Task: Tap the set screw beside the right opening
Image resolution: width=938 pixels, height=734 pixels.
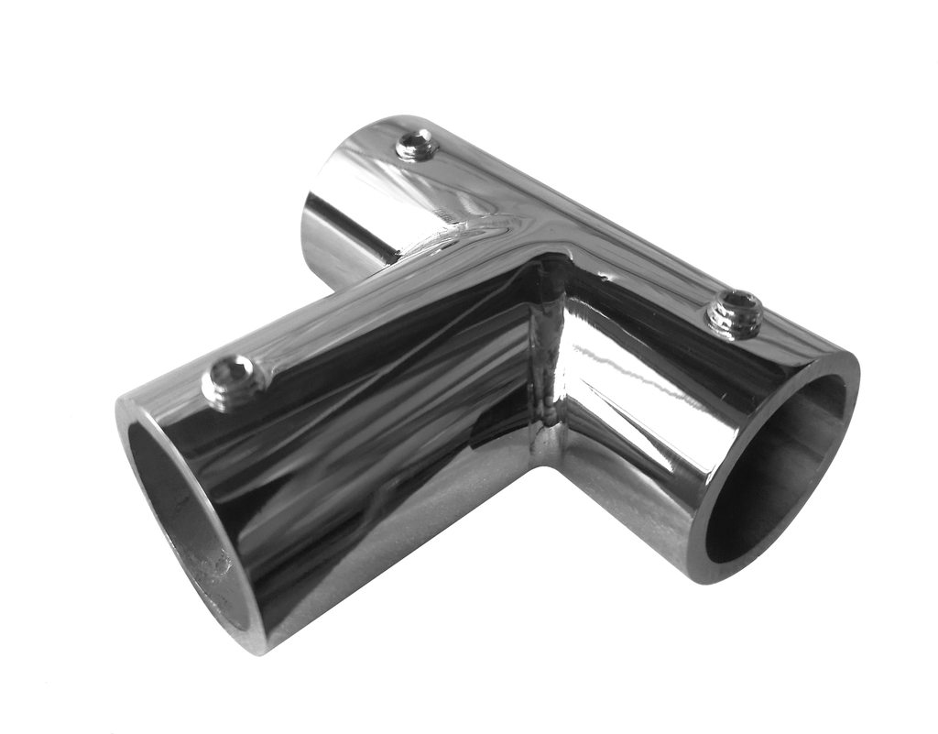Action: [735, 312]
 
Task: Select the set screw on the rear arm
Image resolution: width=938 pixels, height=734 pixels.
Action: [417, 145]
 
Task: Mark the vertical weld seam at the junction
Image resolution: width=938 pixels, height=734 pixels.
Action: [547, 367]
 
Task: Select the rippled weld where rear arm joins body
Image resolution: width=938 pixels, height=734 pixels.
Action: [458, 234]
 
